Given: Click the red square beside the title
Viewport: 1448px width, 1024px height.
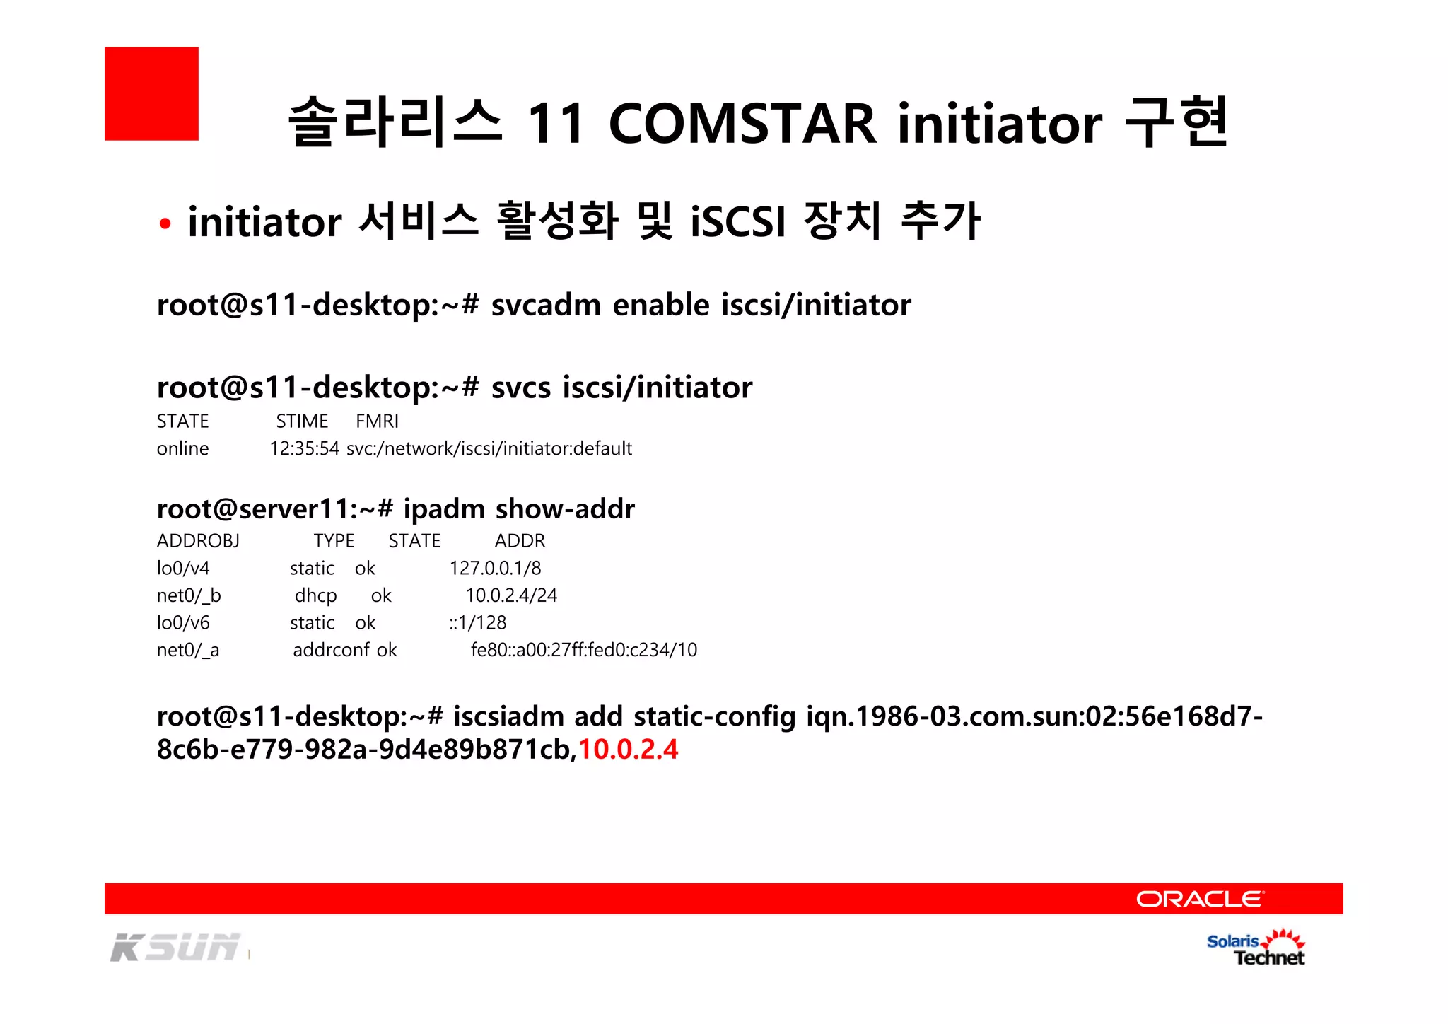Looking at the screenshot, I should (151, 93).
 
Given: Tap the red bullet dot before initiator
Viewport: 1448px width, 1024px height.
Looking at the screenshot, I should (165, 224).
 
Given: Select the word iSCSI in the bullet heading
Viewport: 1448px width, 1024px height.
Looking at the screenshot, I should (738, 221).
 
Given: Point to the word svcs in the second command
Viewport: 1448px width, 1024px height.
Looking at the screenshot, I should (520, 388).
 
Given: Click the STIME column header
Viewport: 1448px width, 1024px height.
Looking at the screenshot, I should (302, 421).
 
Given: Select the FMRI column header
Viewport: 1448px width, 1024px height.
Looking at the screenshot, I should (377, 421).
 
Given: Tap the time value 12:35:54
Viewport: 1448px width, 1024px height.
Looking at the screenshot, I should (304, 448).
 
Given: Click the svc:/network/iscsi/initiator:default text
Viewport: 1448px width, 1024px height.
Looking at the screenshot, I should (489, 448).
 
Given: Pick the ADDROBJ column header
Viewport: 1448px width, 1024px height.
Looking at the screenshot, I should (198, 541).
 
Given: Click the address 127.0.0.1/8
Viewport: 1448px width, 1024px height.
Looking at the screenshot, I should (495, 568).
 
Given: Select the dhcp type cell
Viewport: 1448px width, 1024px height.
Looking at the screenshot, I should (315, 595).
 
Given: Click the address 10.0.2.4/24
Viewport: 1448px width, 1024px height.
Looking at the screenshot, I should (511, 595).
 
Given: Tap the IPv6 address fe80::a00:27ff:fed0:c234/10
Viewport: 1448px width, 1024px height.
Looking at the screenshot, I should (584, 650).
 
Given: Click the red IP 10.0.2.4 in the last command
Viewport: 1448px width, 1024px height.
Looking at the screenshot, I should (628, 750).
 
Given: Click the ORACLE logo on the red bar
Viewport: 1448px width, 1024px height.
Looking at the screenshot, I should (1199, 899).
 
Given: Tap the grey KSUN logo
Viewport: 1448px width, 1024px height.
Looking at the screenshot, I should (175, 948).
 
